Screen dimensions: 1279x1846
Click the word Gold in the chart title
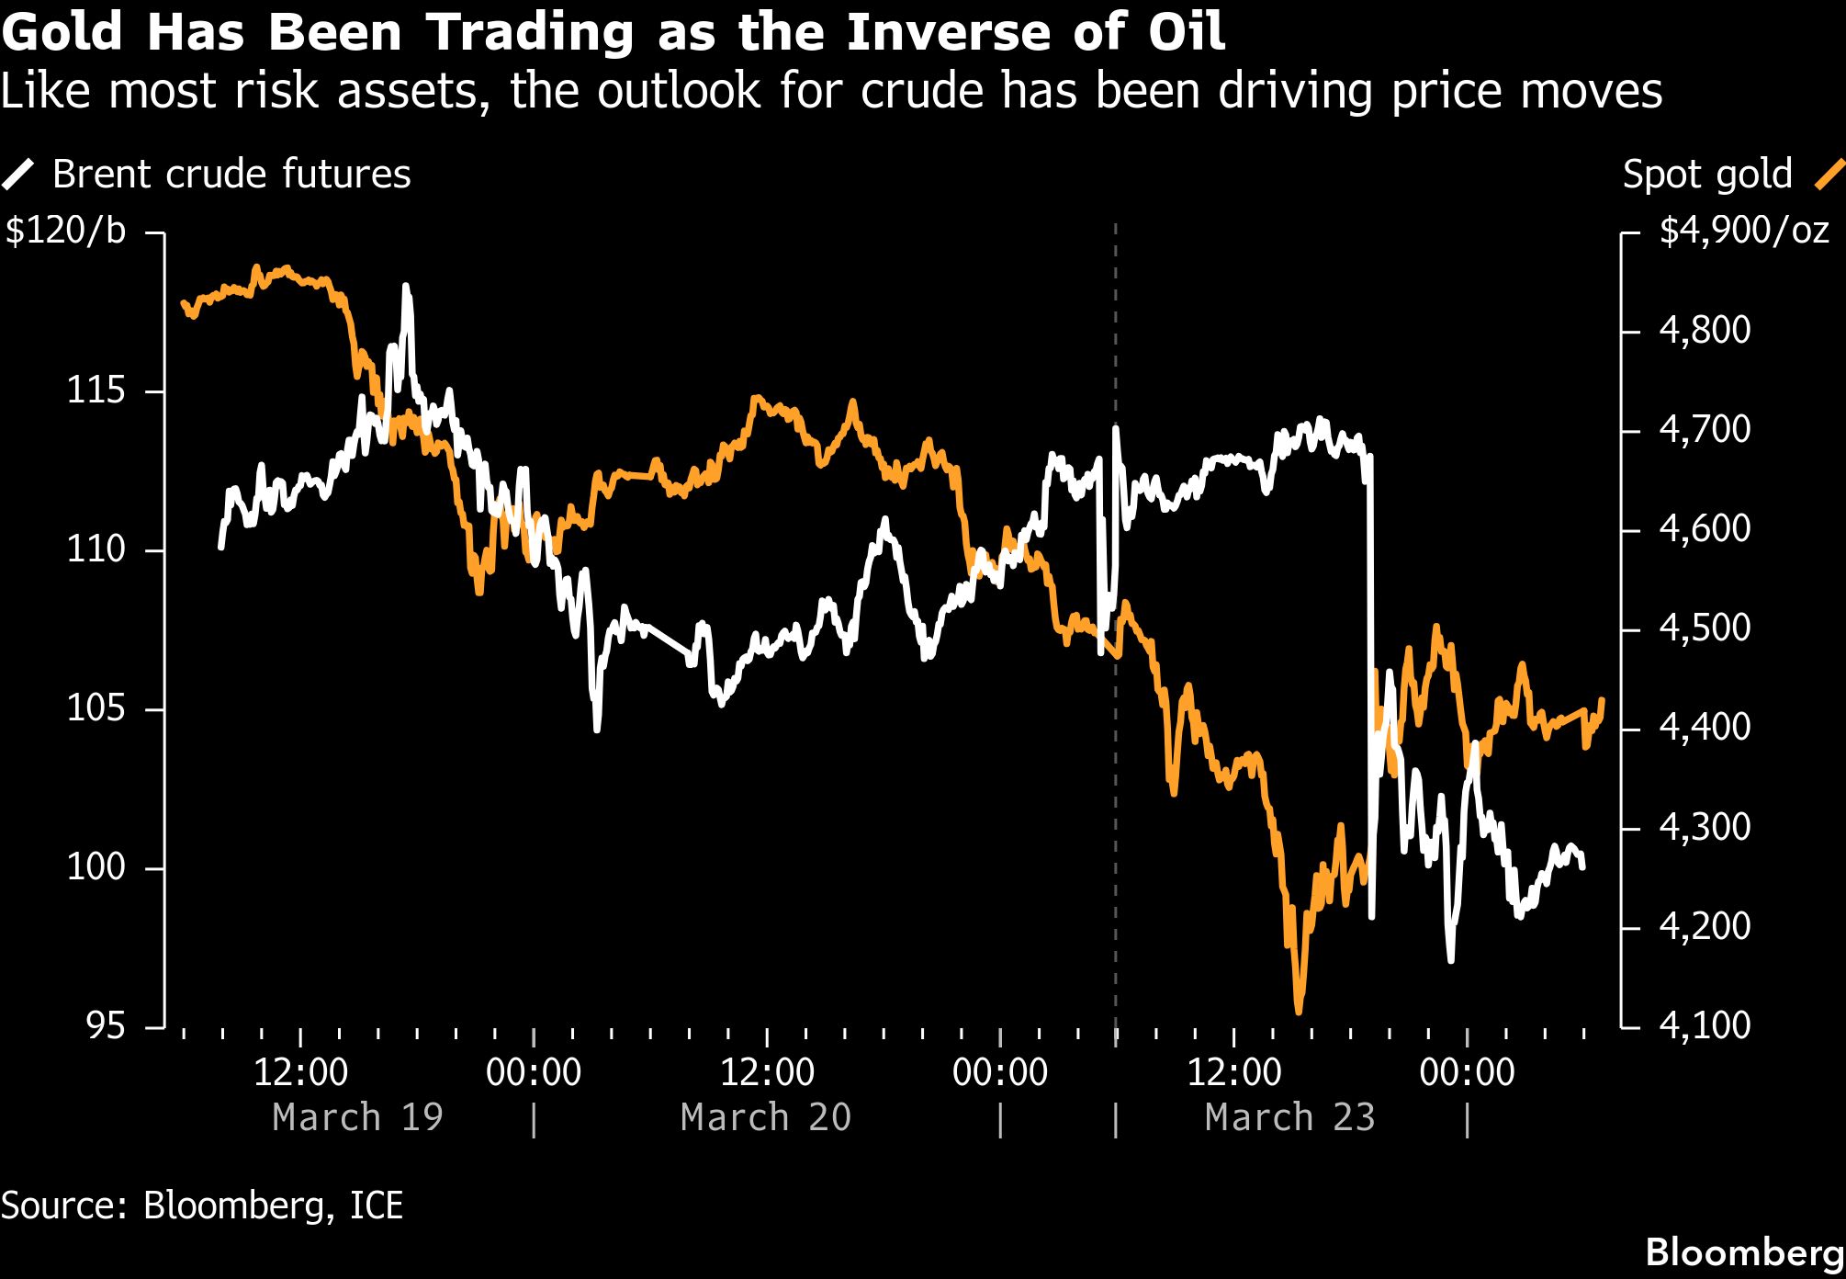tap(62, 32)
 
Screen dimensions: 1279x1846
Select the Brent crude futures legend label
tap(231, 175)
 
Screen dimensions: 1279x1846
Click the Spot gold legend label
tap(1706, 175)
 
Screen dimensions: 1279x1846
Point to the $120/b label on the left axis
tap(66, 231)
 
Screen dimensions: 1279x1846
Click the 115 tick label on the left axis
tap(96, 391)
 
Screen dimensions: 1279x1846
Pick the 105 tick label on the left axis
tap(96, 708)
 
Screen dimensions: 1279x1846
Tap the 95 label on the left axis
tap(106, 1026)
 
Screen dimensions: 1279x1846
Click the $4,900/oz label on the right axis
tap(1743, 231)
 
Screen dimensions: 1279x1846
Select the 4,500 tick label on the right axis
tap(1705, 628)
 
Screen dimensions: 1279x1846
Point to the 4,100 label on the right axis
tap(1705, 1025)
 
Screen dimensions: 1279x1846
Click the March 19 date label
tap(358, 1118)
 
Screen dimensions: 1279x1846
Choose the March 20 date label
tap(766, 1118)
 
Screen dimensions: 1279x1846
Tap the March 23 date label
tap(1289, 1118)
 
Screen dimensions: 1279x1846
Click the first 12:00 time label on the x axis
tap(300, 1073)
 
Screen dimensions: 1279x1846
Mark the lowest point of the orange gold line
tap(1299, 1012)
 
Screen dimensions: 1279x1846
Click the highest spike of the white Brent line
tap(406, 287)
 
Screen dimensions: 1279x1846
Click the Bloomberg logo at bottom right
tap(1744, 1252)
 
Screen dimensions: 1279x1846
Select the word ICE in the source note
tap(377, 1205)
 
